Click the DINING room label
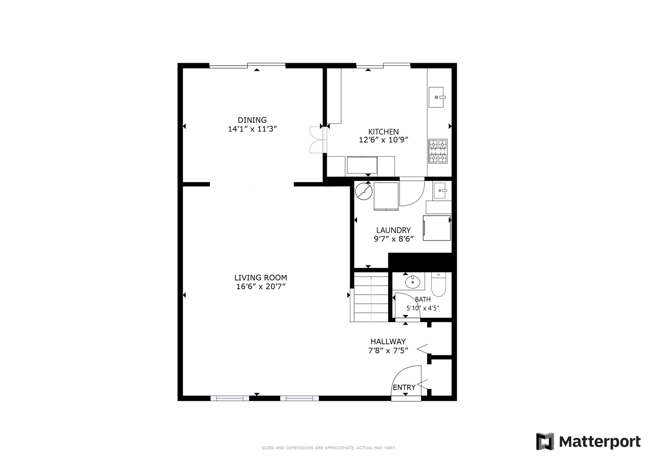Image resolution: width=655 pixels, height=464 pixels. [x=252, y=120]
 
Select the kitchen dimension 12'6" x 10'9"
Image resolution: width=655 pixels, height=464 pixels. [x=383, y=140]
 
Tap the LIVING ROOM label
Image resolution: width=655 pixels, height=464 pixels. [x=261, y=278]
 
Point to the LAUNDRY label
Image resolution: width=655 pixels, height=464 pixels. [x=393, y=230]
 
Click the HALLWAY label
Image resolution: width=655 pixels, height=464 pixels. [x=388, y=341]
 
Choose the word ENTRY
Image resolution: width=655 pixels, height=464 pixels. [x=404, y=387]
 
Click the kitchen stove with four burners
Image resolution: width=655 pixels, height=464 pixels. [x=438, y=151]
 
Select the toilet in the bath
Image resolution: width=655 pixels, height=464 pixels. [x=438, y=284]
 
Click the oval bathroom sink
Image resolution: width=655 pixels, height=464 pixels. [x=412, y=282]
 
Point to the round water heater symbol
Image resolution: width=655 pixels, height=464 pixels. [x=364, y=192]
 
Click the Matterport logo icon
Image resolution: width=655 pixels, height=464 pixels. [x=545, y=441]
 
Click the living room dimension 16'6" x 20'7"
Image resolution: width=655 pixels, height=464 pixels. [x=261, y=286]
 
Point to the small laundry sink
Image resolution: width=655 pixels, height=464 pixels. [x=440, y=190]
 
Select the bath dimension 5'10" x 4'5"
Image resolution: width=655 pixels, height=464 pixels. [x=423, y=308]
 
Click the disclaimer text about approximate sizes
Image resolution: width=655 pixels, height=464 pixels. [x=328, y=448]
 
